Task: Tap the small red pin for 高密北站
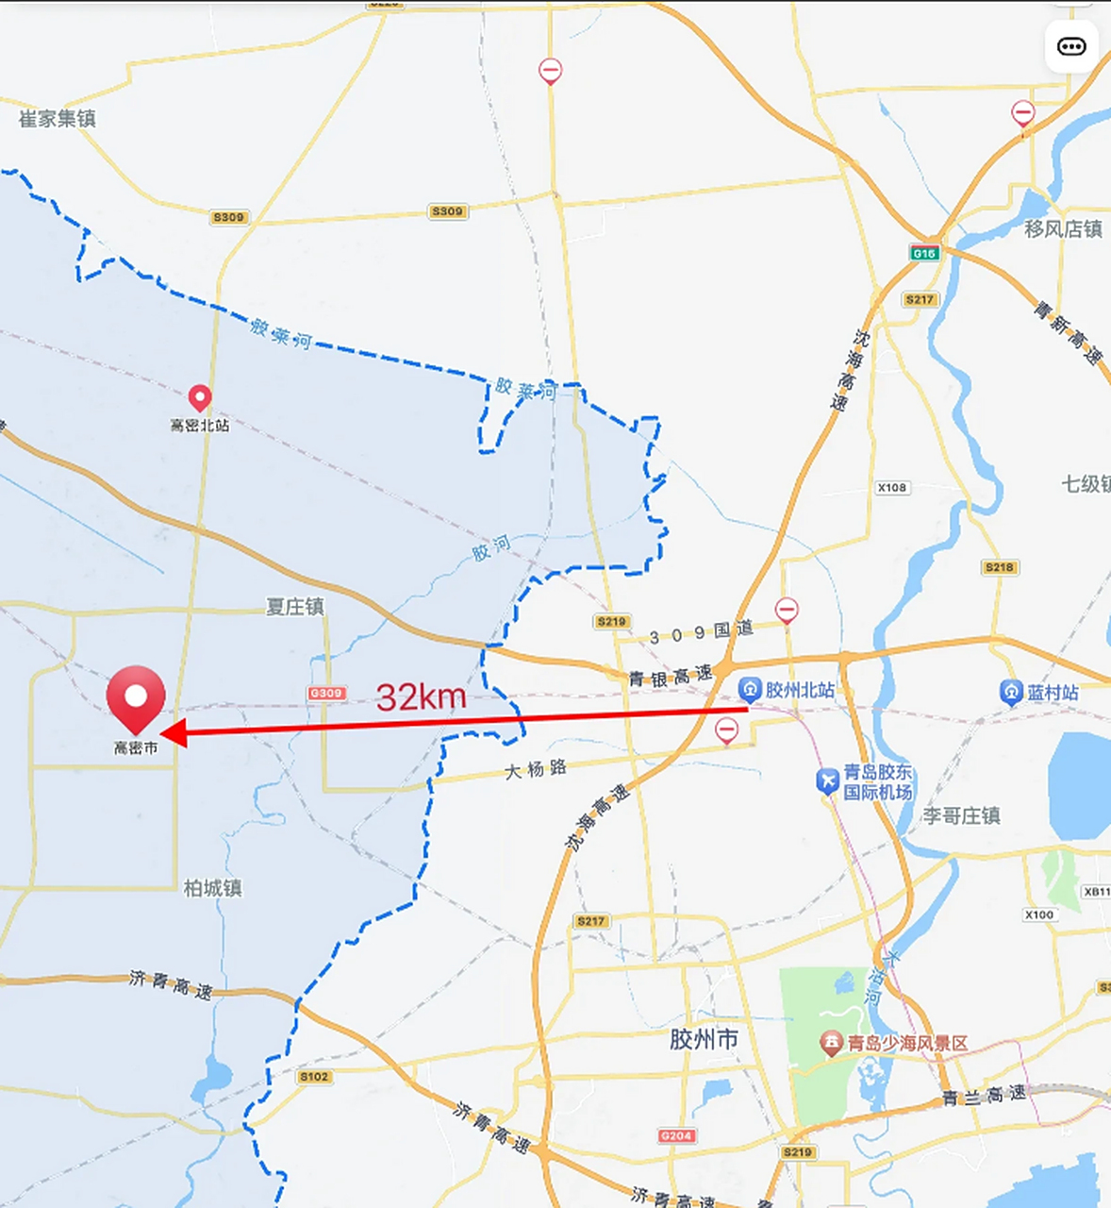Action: [x=199, y=397]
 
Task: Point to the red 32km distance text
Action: [x=421, y=697]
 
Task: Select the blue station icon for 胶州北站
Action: [x=750, y=689]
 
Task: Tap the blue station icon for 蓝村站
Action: [x=1011, y=693]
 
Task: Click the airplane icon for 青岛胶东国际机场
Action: [x=827, y=780]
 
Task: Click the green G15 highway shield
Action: [x=924, y=253]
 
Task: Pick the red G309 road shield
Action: [x=326, y=693]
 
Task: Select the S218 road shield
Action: [x=1000, y=567]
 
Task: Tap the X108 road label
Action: [x=892, y=488]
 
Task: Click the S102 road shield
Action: [x=314, y=1077]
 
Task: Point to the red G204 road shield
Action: [x=676, y=1135]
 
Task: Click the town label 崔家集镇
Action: [x=58, y=119]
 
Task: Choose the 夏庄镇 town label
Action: [x=295, y=607]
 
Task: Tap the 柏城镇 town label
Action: [x=213, y=888]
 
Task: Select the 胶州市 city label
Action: [x=704, y=1040]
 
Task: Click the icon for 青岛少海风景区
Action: [x=831, y=1043]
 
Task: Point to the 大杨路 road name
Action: [x=536, y=769]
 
